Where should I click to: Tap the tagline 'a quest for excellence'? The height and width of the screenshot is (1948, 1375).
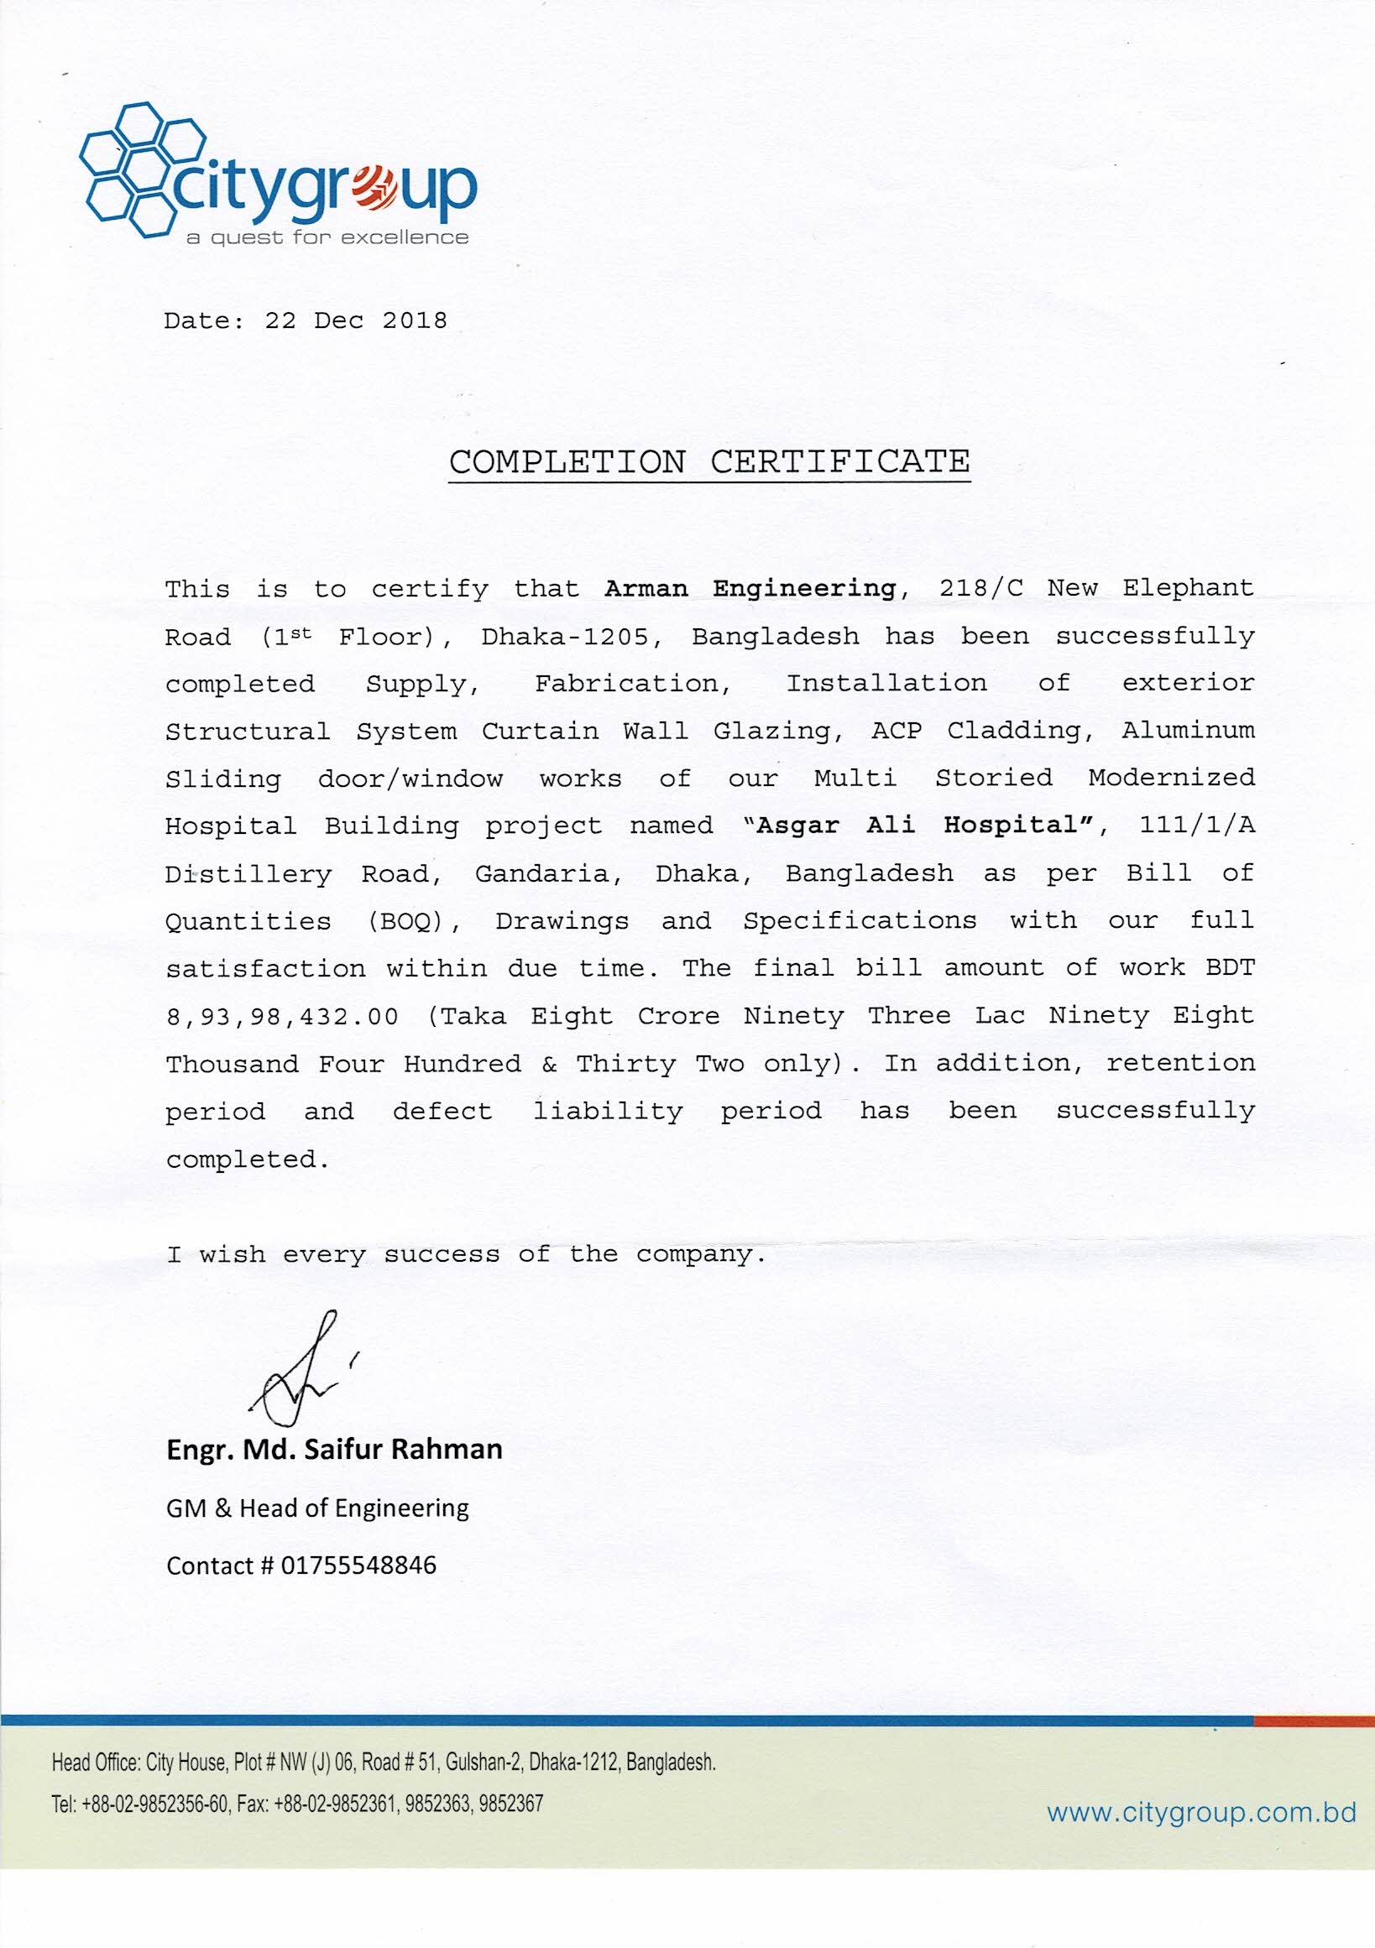[x=327, y=237]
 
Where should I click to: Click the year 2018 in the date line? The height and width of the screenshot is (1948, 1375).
[x=414, y=320]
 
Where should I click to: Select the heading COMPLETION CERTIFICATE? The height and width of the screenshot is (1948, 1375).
[x=708, y=462]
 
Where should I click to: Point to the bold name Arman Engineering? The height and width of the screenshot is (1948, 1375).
[x=750, y=588]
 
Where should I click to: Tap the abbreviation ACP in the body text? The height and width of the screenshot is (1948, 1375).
[x=897, y=731]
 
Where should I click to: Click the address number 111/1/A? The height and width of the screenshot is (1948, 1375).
[x=1196, y=826]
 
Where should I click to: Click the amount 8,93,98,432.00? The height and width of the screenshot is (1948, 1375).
[x=282, y=1017]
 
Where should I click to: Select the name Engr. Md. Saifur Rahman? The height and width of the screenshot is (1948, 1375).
[x=334, y=1449]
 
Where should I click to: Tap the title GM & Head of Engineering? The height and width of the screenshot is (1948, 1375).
[x=317, y=1508]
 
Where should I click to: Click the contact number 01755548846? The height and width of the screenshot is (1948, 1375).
[x=358, y=1565]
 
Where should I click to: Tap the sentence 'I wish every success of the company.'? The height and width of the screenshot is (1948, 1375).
[x=466, y=1255]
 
